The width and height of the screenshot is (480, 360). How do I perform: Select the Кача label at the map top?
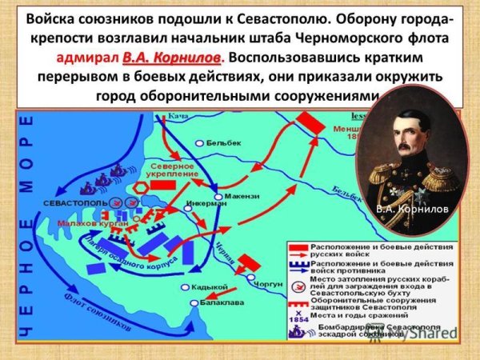tap(182, 118)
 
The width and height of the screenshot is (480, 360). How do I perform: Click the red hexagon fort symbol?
tap(138, 185)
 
